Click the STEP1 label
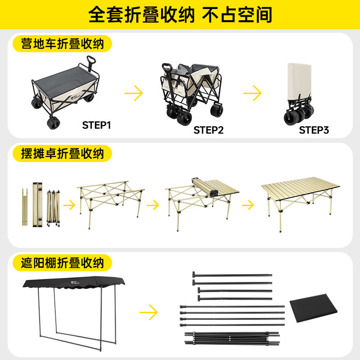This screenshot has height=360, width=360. point(96,126)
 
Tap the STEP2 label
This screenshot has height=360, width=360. point(208,130)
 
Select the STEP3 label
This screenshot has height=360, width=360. point(314,130)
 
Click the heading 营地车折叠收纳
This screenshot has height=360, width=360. point(63,44)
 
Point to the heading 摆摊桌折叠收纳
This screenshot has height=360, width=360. point(63,153)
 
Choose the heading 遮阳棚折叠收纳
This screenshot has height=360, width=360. point(63,263)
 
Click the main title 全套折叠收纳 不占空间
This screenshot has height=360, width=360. point(180,15)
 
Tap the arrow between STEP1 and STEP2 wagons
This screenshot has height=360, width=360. point(134,93)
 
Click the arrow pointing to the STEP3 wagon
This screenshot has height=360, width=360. point(252,93)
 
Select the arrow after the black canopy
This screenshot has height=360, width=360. point(148,312)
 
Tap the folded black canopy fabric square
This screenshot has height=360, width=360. point(313,308)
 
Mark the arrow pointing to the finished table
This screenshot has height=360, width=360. point(248,205)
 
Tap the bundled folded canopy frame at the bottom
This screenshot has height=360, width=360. point(232,338)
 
